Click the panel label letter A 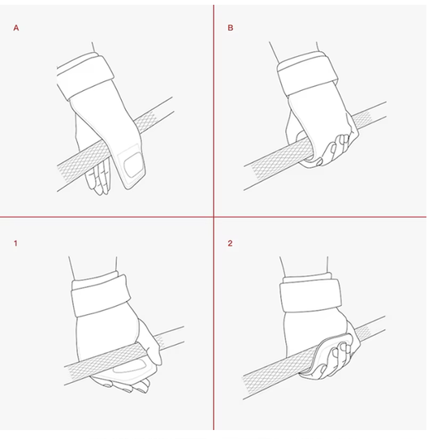tap(16, 28)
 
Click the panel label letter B tap(231, 28)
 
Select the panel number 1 tap(15, 243)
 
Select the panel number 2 tap(230, 243)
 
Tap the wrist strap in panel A tap(84, 75)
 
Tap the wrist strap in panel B tap(306, 73)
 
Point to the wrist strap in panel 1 tap(101, 295)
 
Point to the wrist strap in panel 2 tap(310, 295)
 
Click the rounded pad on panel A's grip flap tap(134, 165)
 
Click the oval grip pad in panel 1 tap(130, 367)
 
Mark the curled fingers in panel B tap(335, 150)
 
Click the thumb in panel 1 tap(150, 343)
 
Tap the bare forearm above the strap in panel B tap(294, 51)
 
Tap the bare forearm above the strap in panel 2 tap(304, 266)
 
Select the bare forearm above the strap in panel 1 tap(93, 267)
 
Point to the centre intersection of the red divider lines tap(214, 217)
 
